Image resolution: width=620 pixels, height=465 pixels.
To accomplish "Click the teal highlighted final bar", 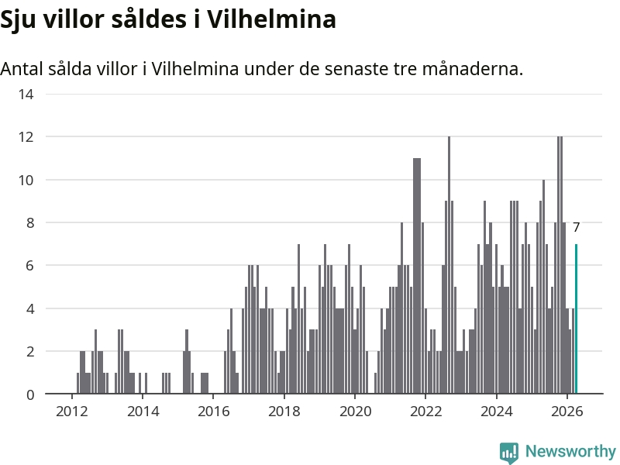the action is pos(576,319).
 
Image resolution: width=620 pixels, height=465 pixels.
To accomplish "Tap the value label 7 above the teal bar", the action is pos(576,227).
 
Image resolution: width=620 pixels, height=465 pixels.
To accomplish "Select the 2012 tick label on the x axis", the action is pos(71,412).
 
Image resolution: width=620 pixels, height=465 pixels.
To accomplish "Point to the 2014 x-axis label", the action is pos(143,412).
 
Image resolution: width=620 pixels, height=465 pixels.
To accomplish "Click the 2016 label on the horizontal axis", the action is pos(214,412).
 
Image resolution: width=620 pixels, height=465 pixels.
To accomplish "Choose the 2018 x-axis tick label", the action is pos(284,412).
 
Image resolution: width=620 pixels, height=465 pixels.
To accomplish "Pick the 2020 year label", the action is pos(355,412).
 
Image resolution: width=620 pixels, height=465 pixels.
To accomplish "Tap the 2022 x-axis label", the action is pos(425,412).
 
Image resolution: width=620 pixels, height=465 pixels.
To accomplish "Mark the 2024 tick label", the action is pos(497,412).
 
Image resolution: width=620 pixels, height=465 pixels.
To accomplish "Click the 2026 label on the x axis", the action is pos(567,412).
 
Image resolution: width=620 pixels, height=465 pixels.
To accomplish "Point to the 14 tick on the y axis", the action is pos(26,94).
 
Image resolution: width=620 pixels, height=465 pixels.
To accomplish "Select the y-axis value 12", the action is pos(26,137).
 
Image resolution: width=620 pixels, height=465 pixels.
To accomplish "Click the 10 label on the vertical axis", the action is pos(26,180).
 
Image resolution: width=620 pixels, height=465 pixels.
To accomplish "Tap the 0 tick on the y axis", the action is pos(30,394).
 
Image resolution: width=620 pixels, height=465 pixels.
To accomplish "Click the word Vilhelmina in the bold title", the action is pos(271,19).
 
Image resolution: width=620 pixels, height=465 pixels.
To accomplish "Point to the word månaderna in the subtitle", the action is pos(473,68).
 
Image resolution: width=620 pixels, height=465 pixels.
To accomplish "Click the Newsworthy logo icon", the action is pos(509,453).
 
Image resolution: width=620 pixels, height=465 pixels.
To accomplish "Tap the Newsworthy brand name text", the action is pos(570,451).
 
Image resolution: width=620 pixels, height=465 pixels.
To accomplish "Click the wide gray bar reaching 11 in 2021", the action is pos(417,276).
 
